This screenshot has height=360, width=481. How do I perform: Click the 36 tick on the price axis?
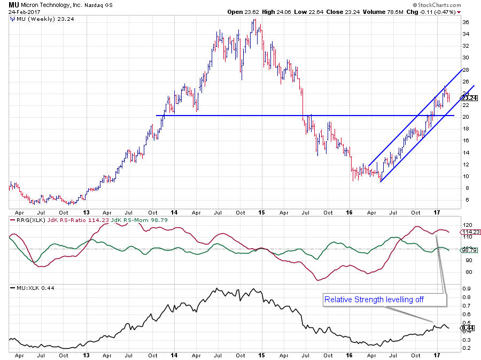[x=466, y=22]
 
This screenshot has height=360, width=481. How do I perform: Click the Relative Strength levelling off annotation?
[x=374, y=300]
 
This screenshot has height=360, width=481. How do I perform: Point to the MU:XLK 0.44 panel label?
[x=33, y=288]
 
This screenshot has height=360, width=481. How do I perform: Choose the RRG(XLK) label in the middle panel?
[x=24, y=220]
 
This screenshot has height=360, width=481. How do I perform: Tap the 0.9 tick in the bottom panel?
[x=466, y=289]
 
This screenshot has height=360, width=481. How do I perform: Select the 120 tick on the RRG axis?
[x=467, y=225]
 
